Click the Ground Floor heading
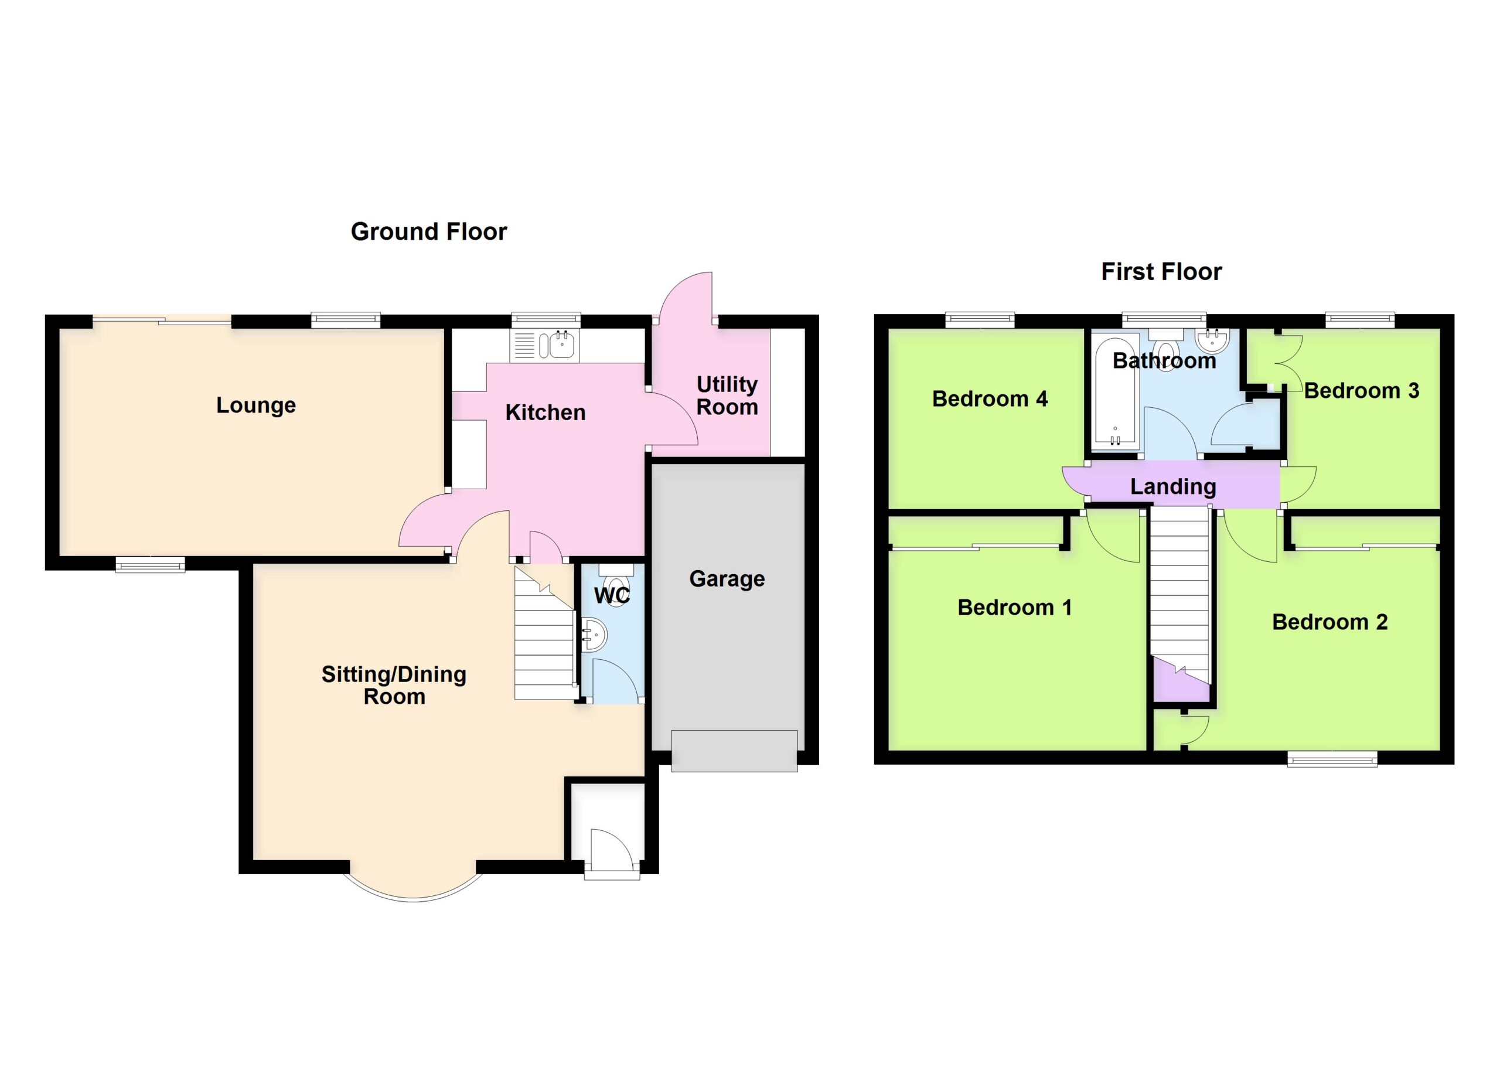(x=428, y=232)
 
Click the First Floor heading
(x=1161, y=272)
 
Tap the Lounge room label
(x=256, y=405)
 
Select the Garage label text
(x=727, y=578)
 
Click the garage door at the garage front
(x=734, y=751)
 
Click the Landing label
(x=1172, y=487)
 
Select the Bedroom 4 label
(x=990, y=398)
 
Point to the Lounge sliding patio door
(x=162, y=321)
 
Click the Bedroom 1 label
(x=1014, y=607)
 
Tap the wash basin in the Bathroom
(x=1212, y=340)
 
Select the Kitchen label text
(x=545, y=412)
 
